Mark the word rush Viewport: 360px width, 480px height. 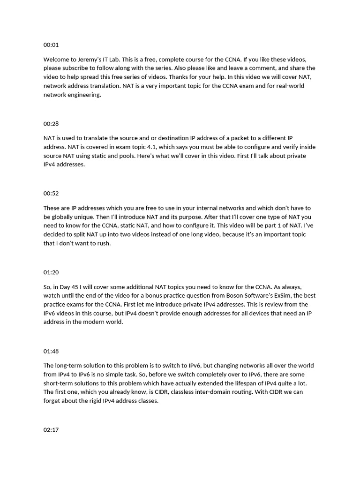(x=104, y=243)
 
